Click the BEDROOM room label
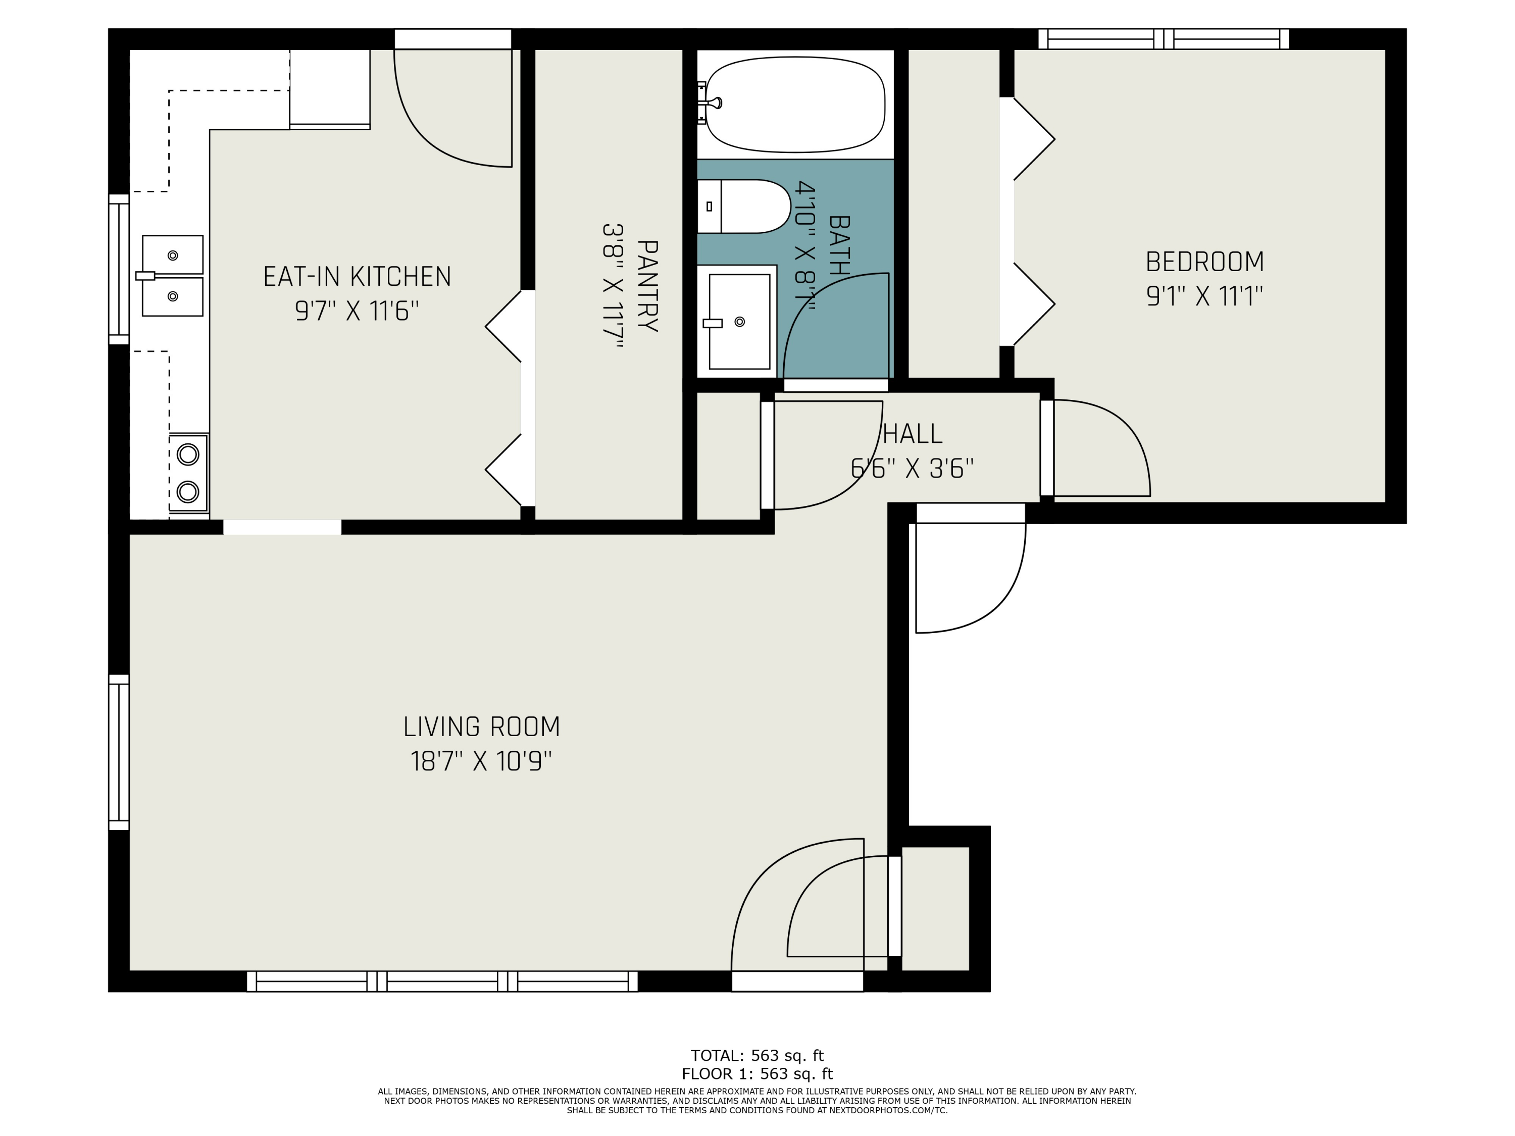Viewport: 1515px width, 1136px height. tap(1205, 262)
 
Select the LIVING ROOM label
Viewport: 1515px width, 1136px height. tap(481, 727)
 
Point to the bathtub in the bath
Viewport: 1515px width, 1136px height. tap(795, 104)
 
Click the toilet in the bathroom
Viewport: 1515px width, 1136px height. tap(744, 206)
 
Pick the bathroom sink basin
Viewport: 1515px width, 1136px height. tap(739, 322)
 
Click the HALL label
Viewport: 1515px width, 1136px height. tap(913, 433)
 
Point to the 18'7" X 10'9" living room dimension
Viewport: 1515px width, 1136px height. tap(481, 761)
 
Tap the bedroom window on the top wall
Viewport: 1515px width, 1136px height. tap(1164, 39)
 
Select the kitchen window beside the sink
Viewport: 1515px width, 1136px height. tap(119, 269)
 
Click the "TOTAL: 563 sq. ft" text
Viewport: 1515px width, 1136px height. tap(757, 1055)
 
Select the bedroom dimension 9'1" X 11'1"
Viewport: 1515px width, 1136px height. tap(1205, 296)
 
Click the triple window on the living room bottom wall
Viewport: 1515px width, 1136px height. tap(442, 981)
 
